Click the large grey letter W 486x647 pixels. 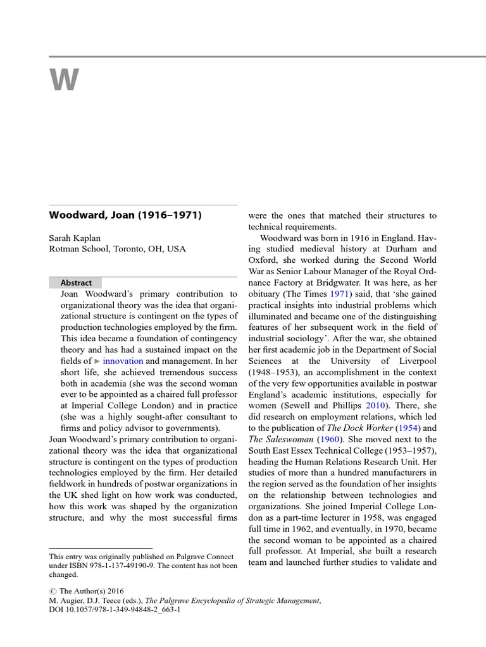64,81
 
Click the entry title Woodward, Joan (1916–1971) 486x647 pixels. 125,215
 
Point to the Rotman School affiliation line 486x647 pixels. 118,249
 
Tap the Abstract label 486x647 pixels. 76,283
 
